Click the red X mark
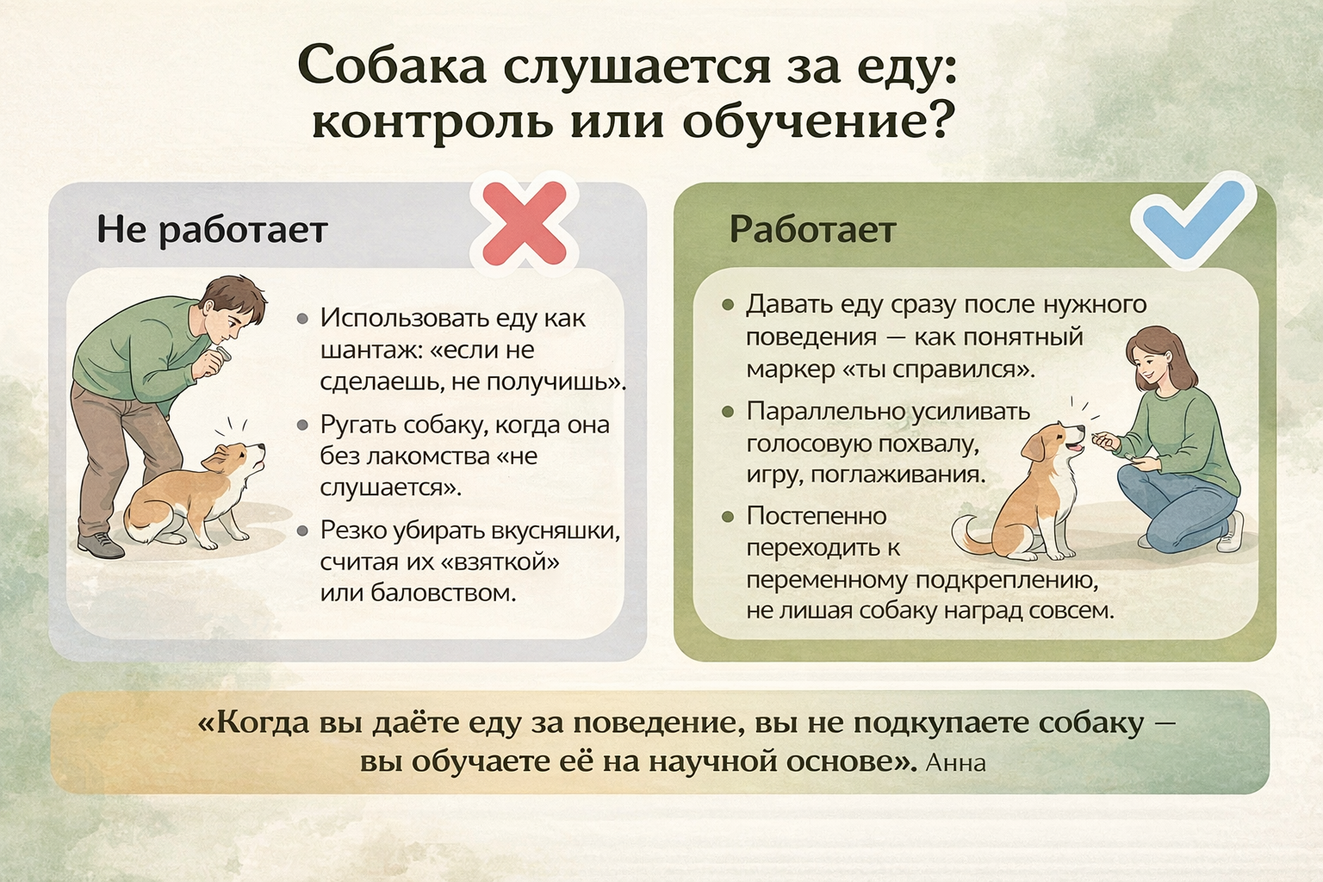pos(525,223)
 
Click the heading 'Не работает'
pos(212,229)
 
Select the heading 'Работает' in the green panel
pos(813,228)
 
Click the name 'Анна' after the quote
pos(955,762)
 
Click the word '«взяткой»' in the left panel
pos(500,562)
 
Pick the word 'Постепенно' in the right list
pos(817,516)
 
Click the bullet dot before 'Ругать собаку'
pos(302,425)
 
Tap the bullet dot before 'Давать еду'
pos(728,305)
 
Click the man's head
pos(234,310)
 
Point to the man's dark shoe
pos(101,544)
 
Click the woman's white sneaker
pos(1230,533)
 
